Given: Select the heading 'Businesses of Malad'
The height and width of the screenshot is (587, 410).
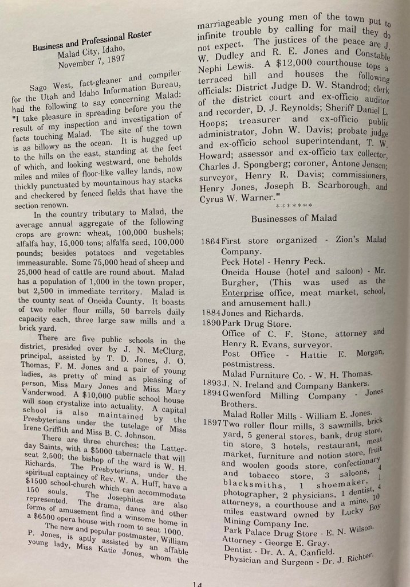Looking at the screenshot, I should tap(293, 218).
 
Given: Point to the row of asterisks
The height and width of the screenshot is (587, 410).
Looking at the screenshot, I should tap(293, 205).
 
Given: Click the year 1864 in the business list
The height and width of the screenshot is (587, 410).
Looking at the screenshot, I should tap(211, 241).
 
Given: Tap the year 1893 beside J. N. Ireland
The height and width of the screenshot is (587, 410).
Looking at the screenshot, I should tap(212, 382).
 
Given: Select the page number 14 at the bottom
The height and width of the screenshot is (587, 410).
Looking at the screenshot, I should tap(198, 582).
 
